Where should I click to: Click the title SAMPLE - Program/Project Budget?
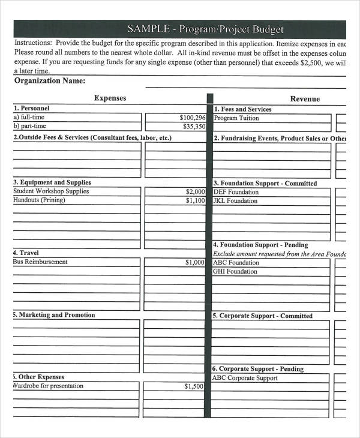[205, 29]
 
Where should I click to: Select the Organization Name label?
[49, 81]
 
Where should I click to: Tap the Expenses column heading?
[110, 98]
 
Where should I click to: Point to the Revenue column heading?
[305, 99]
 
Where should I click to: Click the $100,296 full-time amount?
[192, 118]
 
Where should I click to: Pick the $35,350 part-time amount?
[194, 127]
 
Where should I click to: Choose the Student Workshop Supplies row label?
[51, 191]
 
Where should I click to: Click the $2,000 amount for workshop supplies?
[196, 192]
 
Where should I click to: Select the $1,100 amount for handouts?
[196, 201]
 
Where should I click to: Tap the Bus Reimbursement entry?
[40, 262]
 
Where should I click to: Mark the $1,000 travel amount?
[195, 263]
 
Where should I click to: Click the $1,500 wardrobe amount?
[194, 386]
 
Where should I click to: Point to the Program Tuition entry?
[236, 118]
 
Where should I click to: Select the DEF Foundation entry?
[236, 193]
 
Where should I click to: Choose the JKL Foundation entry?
[235, 201]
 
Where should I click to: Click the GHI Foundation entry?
[235, 272]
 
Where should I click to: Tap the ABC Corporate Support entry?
[245, 378]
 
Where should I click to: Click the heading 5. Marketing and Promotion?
[54, 315]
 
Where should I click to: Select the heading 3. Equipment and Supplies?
[52, 182]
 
